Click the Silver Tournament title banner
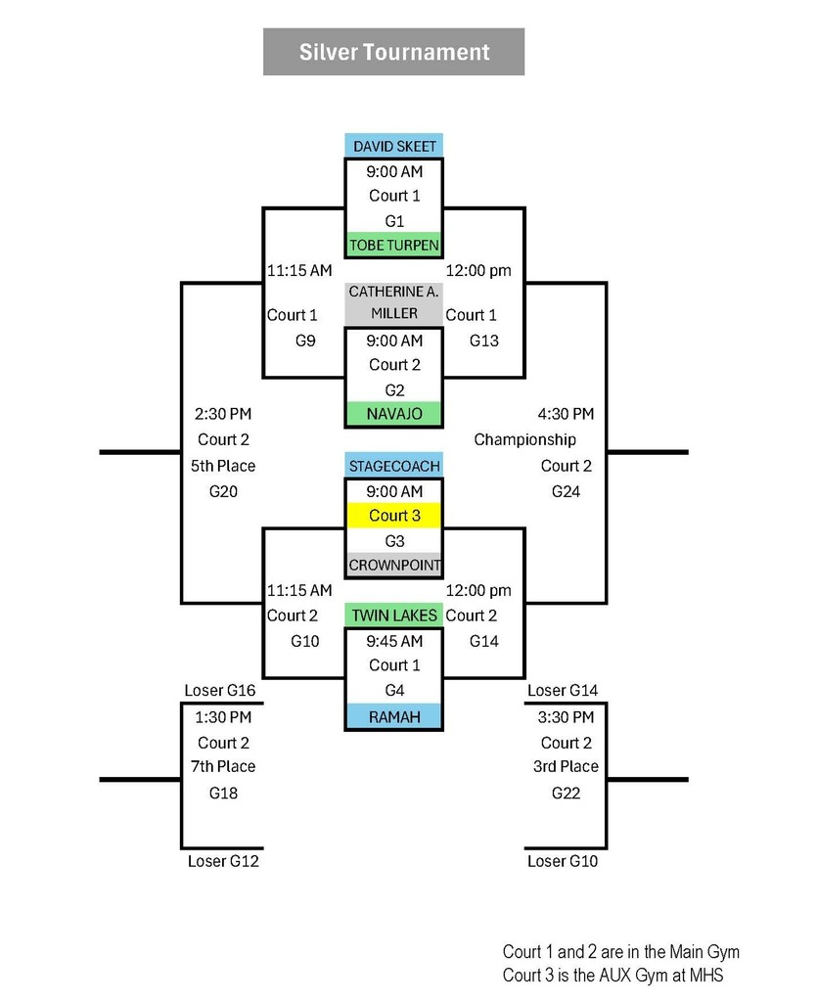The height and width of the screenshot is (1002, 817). point(393,52)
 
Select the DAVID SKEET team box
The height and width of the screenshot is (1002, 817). point(394,147)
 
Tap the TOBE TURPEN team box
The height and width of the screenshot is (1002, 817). point(394,245)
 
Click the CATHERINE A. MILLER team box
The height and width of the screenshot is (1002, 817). point(394,302)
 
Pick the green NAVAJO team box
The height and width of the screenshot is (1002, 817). point(394,414)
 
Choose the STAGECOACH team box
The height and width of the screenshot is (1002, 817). point(394,466)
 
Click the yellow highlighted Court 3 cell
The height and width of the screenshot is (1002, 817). point(394,516)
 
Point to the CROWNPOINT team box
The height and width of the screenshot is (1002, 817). point(394,566)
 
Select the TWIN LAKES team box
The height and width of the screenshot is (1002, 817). point(394,615)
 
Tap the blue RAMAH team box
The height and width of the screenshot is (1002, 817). point(394,717)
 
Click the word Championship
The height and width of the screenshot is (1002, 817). point(524,439)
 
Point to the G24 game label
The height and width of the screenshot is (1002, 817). point(566,491)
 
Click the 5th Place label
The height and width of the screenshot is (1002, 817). point(223,466)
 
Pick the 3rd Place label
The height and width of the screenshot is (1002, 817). point(566,766)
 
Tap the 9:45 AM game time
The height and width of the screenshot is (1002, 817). point(394,641)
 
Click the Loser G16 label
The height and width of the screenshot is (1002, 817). point(220,691)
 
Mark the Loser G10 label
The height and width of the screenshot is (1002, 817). point(563,861)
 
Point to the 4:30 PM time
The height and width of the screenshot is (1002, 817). point(566,414)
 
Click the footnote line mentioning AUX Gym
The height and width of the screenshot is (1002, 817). point(613,975)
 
